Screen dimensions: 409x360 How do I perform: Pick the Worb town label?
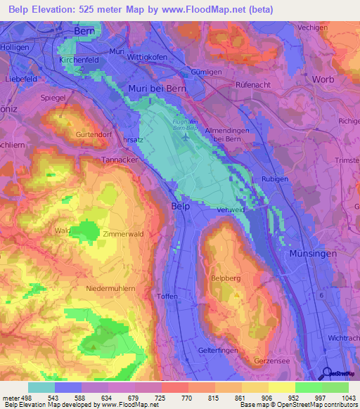coord(323,79)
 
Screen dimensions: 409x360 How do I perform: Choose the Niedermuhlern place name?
coord(112,288)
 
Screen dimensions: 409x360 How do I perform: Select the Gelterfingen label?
coord(218,349)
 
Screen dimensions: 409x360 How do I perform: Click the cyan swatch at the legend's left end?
coord(41,387)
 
